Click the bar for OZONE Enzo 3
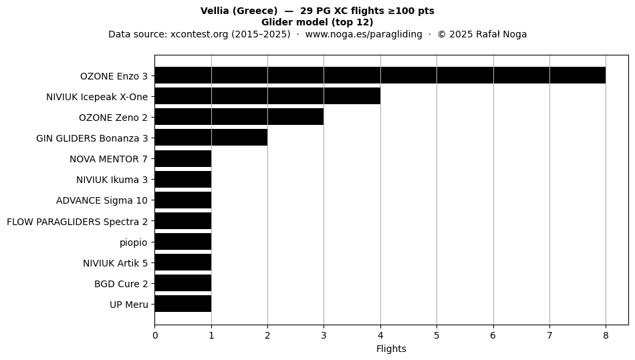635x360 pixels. point(380,75)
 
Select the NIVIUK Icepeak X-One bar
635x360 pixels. point(267,96)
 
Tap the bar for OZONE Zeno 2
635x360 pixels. point(239,117)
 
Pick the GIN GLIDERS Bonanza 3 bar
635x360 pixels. point(211,138)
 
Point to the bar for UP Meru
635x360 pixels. point(183,304)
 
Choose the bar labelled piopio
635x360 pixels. point(183,242)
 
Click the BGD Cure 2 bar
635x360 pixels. point(183,283)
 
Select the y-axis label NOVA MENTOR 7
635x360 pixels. point(108,159)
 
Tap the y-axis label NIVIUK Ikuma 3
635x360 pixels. point(112,180)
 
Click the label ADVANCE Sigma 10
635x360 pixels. point(102,200)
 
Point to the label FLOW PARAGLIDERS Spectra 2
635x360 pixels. point(78,222)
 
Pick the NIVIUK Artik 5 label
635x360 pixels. point(116,263)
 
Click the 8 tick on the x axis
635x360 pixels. point(606,335)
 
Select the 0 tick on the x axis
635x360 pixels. point(155,335)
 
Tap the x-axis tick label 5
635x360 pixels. point(436,335)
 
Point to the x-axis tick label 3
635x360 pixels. point(324,335)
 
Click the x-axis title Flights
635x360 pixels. point(391,349)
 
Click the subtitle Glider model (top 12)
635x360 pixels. point(317,22)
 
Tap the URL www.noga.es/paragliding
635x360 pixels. point(364,34)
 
